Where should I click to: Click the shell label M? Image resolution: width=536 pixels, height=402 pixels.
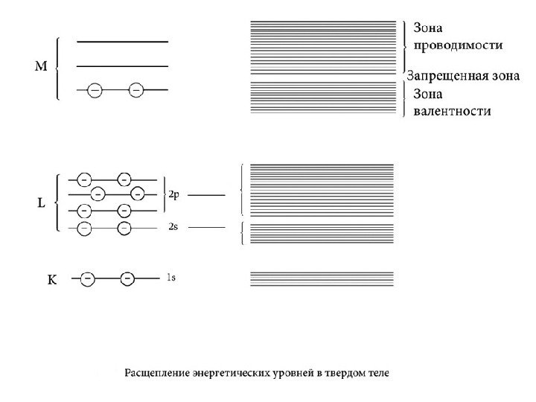click(42, 67)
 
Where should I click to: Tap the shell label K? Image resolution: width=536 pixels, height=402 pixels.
click(52, 280)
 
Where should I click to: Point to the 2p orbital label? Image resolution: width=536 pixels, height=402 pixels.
click(173, 194)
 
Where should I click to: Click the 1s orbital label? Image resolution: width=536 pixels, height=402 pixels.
click(171, 278)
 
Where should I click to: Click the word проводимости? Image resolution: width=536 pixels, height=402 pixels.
click(457, 45)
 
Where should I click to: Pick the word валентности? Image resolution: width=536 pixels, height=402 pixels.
click(452, 111)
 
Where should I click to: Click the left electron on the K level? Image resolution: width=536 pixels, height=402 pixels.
click(87, 279)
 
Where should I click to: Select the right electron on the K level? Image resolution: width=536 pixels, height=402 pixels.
click(127, 279)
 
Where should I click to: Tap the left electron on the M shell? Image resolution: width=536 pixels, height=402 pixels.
click(95, 90)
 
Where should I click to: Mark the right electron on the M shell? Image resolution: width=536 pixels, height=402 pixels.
click(135, 90)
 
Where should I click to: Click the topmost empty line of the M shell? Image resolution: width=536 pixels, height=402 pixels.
click(122, 42)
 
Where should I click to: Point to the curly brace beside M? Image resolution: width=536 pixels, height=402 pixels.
click(57, 67)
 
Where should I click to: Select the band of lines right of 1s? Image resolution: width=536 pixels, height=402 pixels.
click(322, 278)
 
